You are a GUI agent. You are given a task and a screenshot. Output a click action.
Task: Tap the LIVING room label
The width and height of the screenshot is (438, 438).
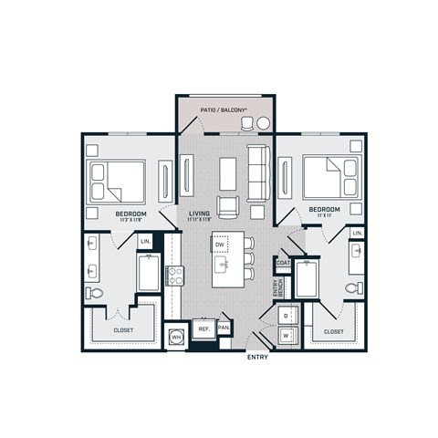coord(200,214)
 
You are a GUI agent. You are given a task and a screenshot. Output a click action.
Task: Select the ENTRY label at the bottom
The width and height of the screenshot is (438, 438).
coord(259,358)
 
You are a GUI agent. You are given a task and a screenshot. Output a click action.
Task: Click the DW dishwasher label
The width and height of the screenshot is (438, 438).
coord(220,245)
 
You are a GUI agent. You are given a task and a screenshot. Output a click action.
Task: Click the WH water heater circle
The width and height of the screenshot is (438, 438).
coord(176,337)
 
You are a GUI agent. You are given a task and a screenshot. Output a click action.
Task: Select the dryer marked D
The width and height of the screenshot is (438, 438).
coord(287,316)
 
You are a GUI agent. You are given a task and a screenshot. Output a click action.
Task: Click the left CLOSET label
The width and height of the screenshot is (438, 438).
coord(124,330)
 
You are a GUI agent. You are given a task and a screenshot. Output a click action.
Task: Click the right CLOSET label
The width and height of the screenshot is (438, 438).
coord(333,331)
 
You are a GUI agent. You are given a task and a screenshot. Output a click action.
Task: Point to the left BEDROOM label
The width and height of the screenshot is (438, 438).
coord(132,214)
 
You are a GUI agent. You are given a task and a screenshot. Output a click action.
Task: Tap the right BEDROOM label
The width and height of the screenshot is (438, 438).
coord(324,209)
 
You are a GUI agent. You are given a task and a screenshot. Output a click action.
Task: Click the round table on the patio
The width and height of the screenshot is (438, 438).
coord(263,123)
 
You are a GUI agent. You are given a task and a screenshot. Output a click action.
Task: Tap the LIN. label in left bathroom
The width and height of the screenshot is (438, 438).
coord(145,241)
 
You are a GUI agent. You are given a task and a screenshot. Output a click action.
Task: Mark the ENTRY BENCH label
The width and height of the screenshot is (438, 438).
coord(277,288)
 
